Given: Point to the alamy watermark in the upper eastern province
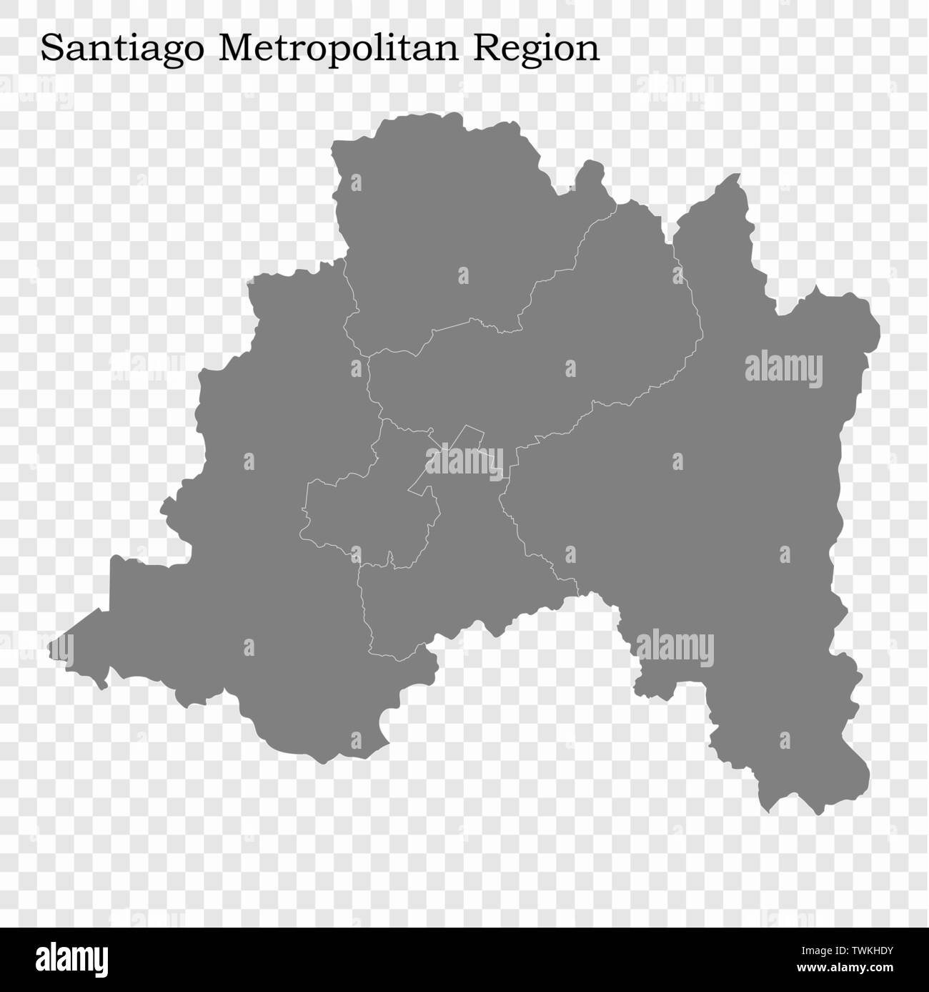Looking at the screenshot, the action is click(783, 370).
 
